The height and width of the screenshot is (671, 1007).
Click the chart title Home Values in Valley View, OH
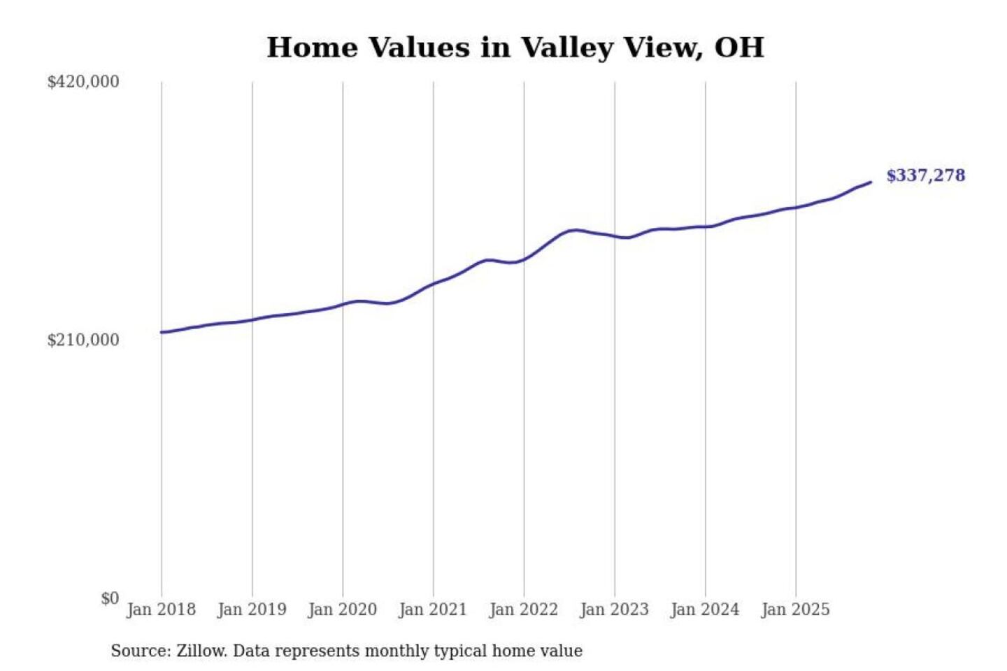point(515,48)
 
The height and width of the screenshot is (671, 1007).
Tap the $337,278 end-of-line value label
point(925,175)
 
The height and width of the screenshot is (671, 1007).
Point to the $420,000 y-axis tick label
point(83,82)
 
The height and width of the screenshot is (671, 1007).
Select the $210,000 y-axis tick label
point(83,340)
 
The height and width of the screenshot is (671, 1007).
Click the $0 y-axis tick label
point(110,598)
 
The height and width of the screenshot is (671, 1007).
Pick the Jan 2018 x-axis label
point(161,609)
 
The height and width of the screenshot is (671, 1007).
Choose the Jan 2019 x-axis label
point(252,609)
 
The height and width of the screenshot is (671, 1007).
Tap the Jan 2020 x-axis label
point(342,609)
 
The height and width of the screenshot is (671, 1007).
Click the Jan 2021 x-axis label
point(433,609)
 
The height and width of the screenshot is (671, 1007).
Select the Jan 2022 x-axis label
point(524,609)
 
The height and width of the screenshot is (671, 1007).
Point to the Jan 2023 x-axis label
point(614,609)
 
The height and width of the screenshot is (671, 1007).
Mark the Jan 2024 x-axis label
point(705,609)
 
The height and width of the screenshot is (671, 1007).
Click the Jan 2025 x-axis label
point(795,609)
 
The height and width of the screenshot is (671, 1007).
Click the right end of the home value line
point(871,182)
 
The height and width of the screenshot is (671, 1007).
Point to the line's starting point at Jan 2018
point(162,332)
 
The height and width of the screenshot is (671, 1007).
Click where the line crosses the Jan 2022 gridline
point(524,259)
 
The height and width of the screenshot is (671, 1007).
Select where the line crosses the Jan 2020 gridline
point(343,304)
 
